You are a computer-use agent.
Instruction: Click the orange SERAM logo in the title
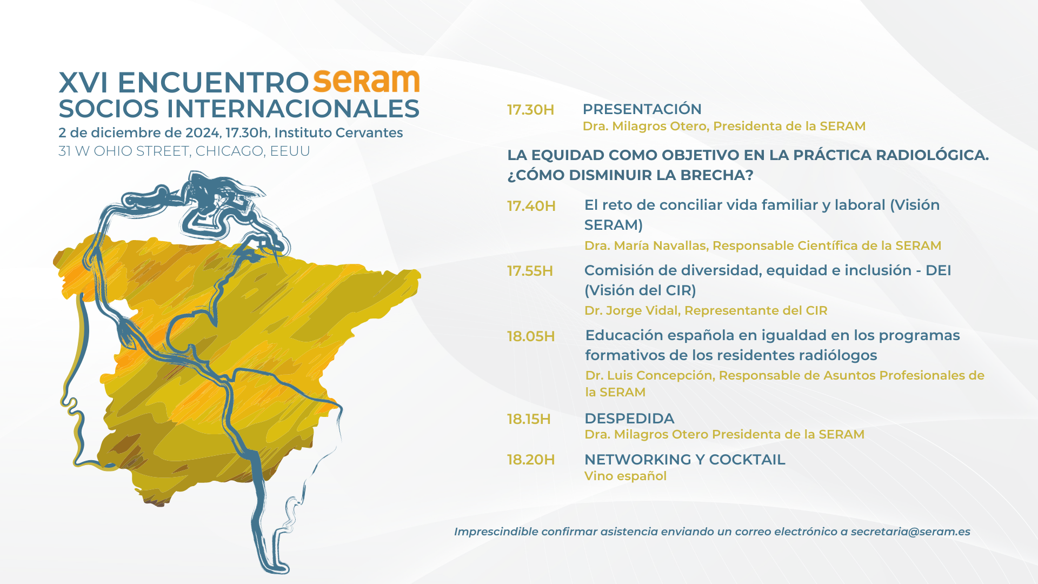pyautogui.click(x=367, y=81)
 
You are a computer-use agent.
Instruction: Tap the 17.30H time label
pyautogui.click(x=530, y=110)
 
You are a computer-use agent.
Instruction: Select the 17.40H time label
pyautogui.click(x=531, y=206)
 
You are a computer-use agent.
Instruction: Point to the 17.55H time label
pyautogui.click(x=530, y=271)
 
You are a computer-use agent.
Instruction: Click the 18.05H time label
pyautogui.click(x=531, y=336)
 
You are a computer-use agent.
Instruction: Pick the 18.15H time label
pyautogui.click(x=529, y=419)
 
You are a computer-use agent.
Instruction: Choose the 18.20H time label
pyautogui.click(x=531, y=460)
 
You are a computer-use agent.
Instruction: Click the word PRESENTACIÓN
pyautogui.click(x=642, y=109)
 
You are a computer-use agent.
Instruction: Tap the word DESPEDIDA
pyautogui.click(x=629, y=419)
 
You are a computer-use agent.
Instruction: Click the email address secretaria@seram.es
pyautogui.click(x=910, y=532)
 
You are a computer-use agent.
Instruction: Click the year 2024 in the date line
pyautogui.click(x=202, y=133)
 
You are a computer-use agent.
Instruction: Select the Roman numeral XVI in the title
pyautogui.click(x=83, y=83)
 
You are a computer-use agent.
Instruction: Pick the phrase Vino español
pyautogui.click(x=626, y=476)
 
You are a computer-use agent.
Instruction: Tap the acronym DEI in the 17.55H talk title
pyautogui.click(x=938, y=270)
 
